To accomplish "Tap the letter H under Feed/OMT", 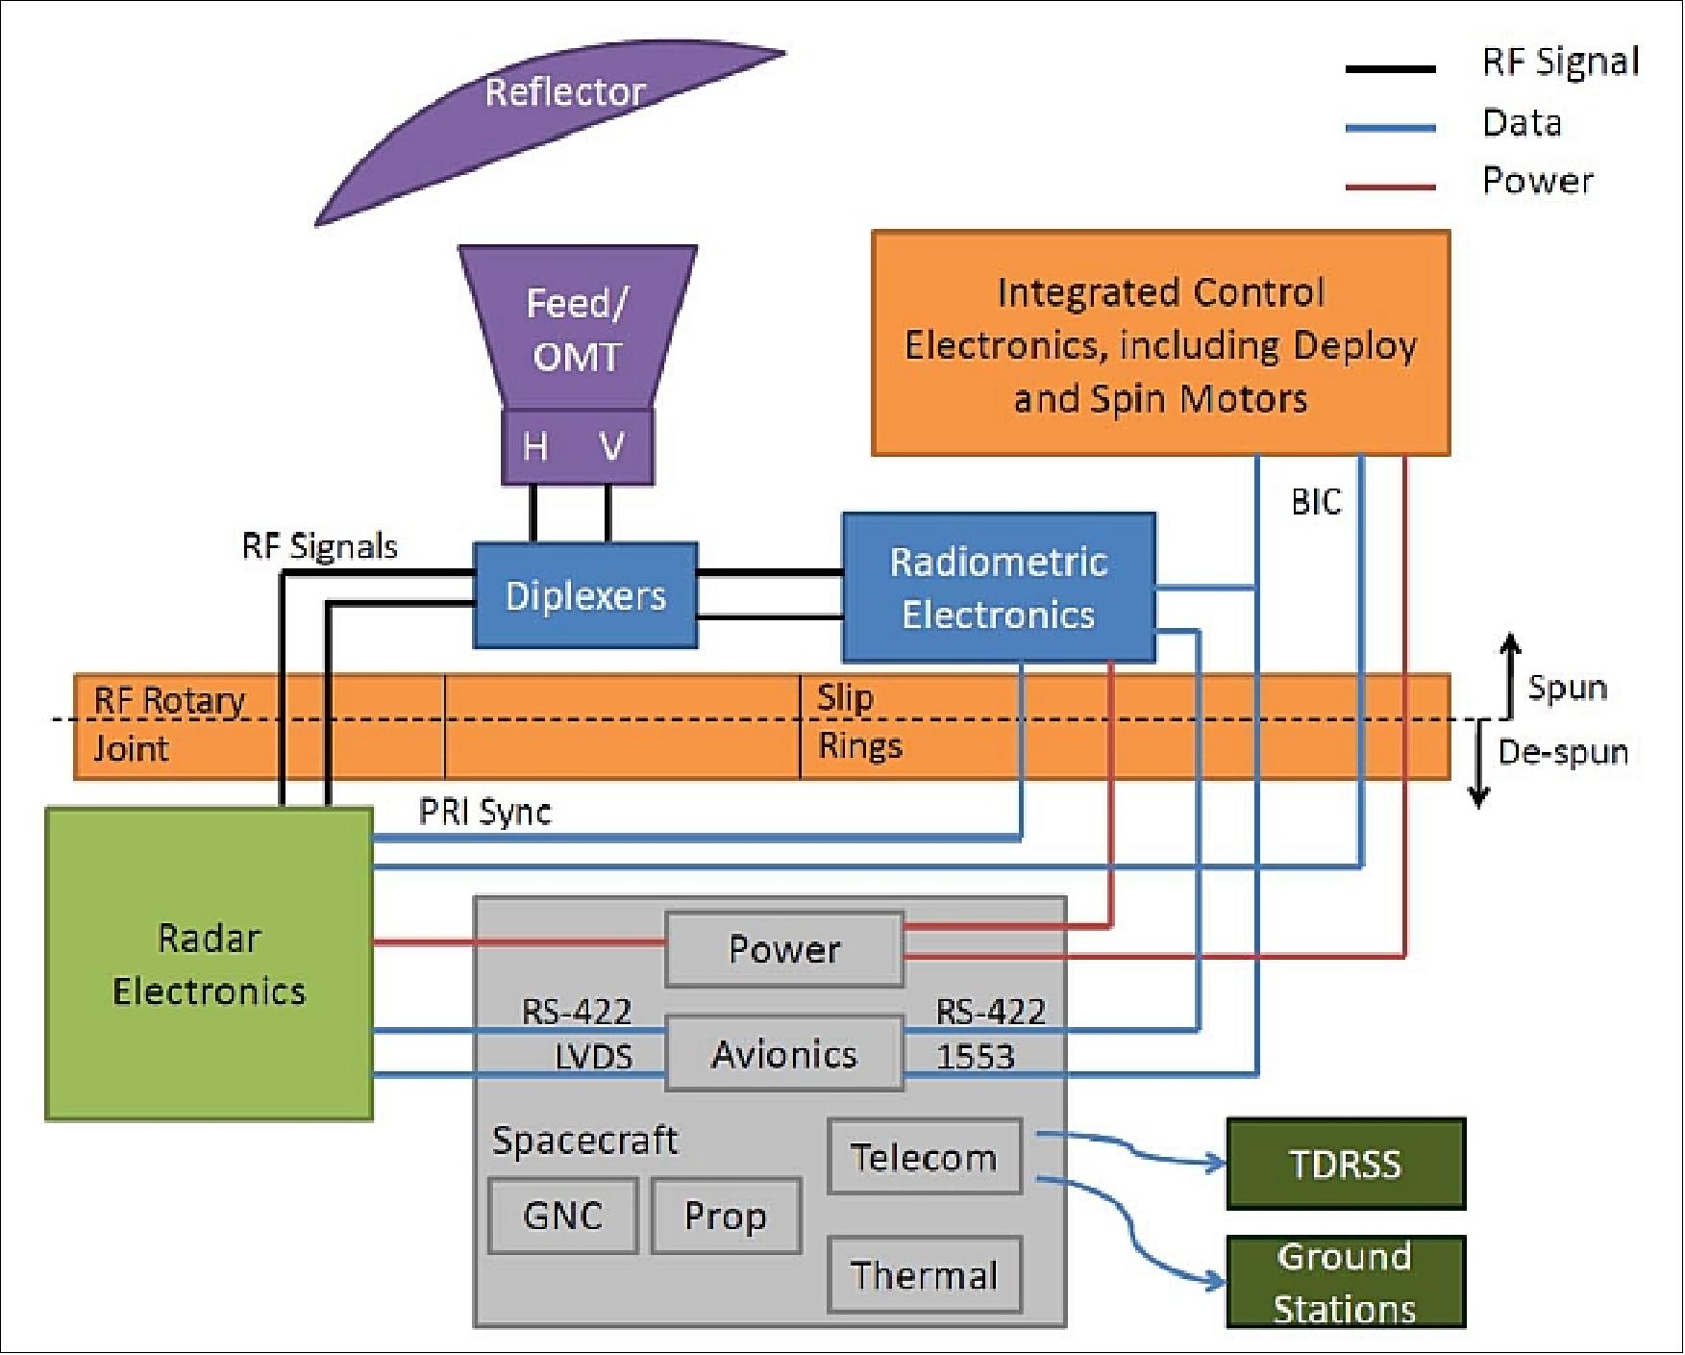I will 535,447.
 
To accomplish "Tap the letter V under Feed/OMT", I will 611,447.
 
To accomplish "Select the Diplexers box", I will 584,595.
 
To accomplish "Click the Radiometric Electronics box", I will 998,588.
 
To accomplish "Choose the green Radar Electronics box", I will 209,964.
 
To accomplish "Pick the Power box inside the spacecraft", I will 783,950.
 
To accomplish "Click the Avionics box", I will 783,1055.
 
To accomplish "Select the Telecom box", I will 924,1157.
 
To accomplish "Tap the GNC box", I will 562,1216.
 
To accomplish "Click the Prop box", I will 725,1216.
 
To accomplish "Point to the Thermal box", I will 924,1275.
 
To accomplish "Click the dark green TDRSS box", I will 1345,1164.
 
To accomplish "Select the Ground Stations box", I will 1345,1282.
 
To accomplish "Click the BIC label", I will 1315,502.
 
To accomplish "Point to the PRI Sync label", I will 484,813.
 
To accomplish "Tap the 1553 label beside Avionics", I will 975,1057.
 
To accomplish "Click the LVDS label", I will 594,1057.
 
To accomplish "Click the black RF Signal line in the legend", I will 1390,69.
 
